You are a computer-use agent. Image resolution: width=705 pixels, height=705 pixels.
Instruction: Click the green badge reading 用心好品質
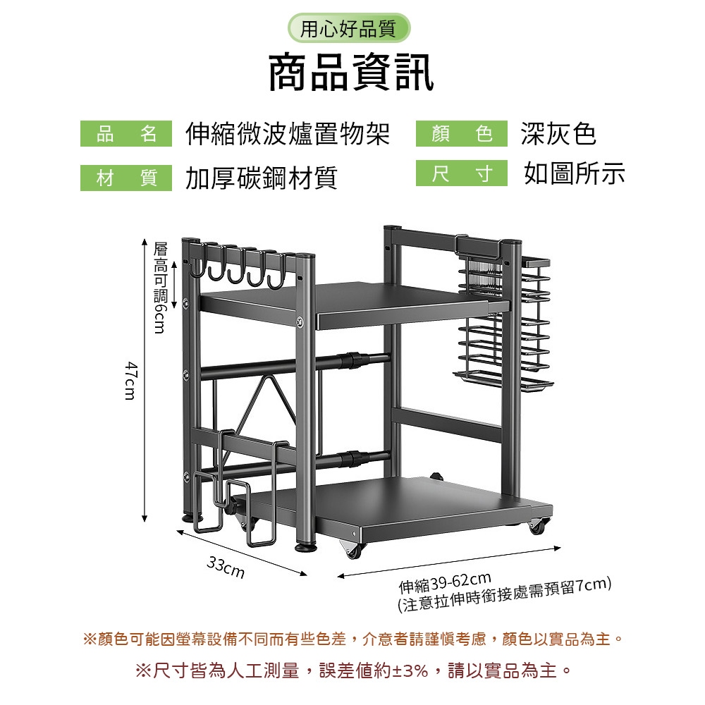(349, 28)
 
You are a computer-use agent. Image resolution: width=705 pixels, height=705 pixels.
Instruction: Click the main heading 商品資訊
(351, 73)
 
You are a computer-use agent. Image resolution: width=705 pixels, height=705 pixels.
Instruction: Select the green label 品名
(126, 133)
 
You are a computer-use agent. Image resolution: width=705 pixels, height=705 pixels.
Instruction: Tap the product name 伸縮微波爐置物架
(288, 133)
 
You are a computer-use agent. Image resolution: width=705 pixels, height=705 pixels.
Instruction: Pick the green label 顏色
(462, 133)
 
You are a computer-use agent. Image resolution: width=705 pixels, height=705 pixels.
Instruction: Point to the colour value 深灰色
(559, 133)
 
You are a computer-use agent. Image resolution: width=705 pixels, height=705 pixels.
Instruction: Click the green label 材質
(126, 178)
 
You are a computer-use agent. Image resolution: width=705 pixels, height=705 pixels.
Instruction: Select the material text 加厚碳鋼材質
(262, 178)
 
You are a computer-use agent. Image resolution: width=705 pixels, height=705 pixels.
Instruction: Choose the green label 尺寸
(462, 173)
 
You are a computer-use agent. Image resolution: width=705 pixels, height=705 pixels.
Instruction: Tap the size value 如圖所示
(574, 173)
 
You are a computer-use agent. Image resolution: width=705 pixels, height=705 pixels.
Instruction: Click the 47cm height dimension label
(130, 380)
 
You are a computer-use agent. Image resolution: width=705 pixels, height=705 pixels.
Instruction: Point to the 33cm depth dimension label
(226, 568)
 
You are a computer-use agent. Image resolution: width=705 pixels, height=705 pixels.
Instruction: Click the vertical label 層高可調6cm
(160, 288)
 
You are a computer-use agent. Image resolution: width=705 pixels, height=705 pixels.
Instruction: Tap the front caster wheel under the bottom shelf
(353, 549)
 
